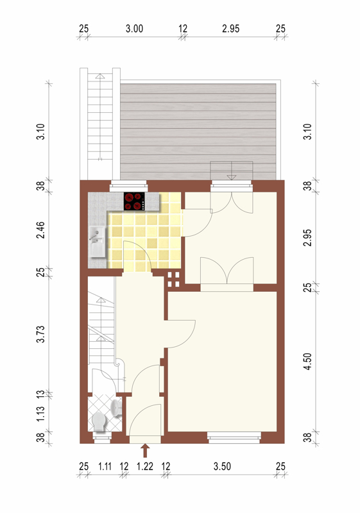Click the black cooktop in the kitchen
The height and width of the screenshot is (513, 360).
(134, 201)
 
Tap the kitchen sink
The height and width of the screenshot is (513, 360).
(97, 242)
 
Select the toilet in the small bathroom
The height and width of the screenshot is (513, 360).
(99, 421)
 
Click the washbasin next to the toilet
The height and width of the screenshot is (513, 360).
(116, 408)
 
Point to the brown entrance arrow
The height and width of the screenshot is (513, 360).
(146, 451)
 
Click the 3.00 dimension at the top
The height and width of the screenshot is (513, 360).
(134, 29)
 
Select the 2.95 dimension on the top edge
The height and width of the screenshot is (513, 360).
(231, 29)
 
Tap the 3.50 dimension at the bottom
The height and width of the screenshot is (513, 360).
(222, 466)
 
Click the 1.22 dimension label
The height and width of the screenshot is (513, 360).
(144, 466)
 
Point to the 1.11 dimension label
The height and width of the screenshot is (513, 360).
(105, 466)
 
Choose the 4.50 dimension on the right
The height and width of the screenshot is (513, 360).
(307, 361)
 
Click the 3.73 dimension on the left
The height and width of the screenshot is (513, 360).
(40, 334)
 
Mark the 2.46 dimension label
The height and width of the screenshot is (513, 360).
(40, 230)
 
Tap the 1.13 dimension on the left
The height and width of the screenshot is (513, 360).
(40, 414)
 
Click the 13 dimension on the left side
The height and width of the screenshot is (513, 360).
(40, 394)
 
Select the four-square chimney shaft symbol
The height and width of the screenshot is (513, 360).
(173, 280)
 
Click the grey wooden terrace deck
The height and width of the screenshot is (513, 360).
(198, 131)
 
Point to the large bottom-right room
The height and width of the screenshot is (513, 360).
(223, 361)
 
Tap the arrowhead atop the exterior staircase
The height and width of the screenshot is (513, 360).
(100, 76)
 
